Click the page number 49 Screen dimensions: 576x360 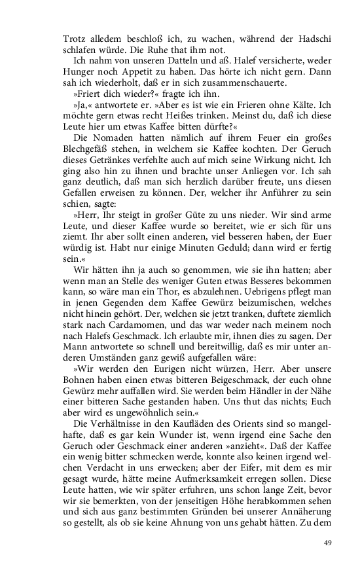click(x=328, y=543)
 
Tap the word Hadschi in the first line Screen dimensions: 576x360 click(x=316, y=39)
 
